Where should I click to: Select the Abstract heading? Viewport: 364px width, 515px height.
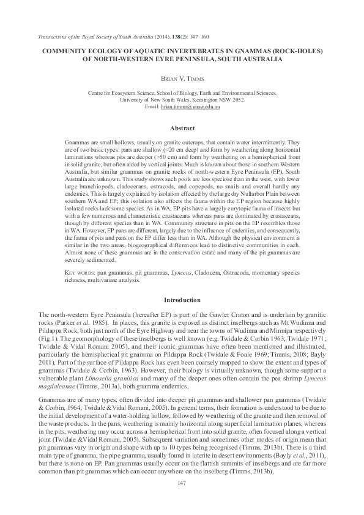[182, 128]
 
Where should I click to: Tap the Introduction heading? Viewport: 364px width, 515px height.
[182, 300]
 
